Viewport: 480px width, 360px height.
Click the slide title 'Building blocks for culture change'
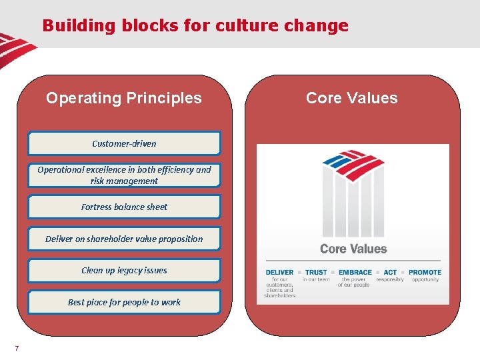(x=195, y=26)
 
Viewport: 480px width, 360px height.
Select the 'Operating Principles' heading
(x=123, y=98)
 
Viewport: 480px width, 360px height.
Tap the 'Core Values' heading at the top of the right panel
(x=351, y=98)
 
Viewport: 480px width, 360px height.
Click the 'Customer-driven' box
(x=124, y=143)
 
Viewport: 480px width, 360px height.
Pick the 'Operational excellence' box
(x=124, y=175)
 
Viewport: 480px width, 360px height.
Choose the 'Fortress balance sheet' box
(x=124, y=207)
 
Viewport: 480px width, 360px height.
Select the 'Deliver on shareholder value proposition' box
(x=124, y=239)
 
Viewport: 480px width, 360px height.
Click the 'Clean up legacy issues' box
(x=124, y=270)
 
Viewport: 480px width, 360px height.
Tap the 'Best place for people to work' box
(x=124, y=302)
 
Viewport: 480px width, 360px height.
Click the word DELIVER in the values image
(x=279, y=272)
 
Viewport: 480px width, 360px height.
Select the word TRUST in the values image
(x=316, y=272)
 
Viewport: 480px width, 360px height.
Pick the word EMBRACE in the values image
(x=355, y=272)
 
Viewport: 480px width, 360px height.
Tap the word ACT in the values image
(x=390, y=272)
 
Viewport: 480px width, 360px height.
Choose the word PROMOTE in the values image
(x=425, y=272)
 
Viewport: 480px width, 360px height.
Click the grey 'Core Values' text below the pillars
(x=353, y=249)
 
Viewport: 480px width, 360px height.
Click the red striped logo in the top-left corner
(x=15, y=49)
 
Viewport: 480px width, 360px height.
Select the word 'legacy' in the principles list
(x=133, y=270)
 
